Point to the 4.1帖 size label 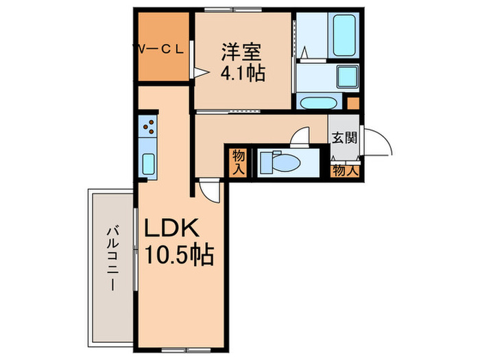click(242, 72)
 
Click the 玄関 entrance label click(344, 137)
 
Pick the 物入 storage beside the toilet click(239, 163)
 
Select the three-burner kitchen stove click(149, 126)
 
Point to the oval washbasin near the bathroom click(319, 103)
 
